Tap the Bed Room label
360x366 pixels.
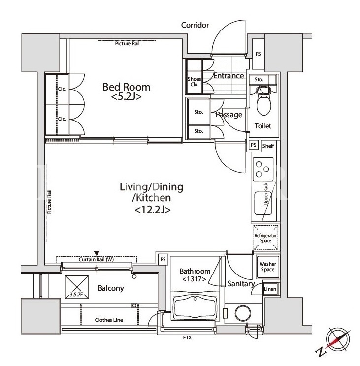point(127,87)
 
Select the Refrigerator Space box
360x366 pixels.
point(266,238)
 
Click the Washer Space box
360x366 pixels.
point(268,267)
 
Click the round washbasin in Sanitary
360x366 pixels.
point(243,313)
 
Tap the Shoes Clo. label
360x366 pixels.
point(194,82)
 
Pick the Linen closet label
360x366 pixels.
point(270,289)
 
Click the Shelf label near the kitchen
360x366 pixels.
point(268,146)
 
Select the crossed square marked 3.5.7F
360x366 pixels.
point(77,287)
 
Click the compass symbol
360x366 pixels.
point(338,340)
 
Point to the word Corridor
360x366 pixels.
point(195,25)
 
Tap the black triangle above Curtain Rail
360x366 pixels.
point(97,253)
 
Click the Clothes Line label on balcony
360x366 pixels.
point(109,320)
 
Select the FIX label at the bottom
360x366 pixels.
point(187,338)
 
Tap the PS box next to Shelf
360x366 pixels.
point(254,145)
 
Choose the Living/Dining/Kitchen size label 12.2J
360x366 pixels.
point(153,210)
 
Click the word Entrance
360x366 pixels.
point(229,76)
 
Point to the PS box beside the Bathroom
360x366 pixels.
point(163,259)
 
